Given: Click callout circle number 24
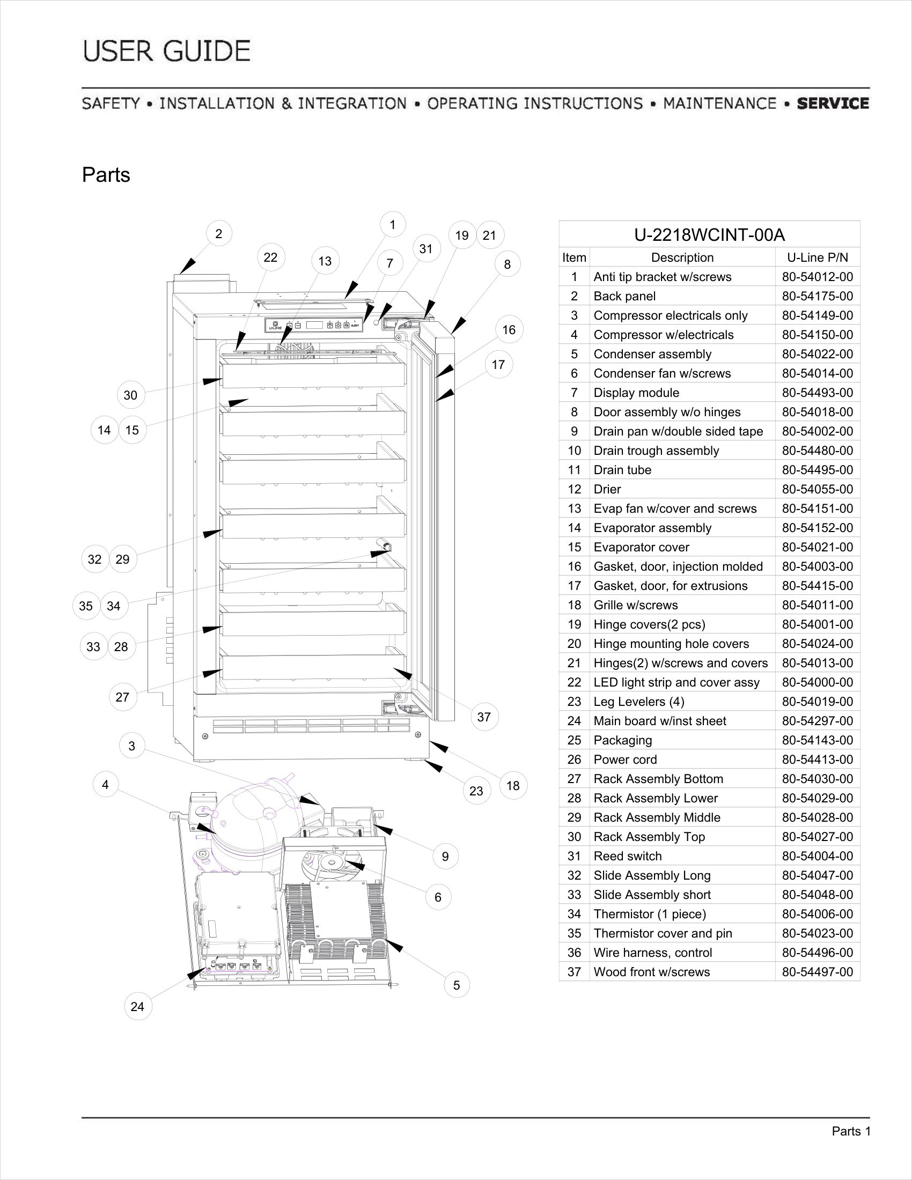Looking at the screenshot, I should [x=137, y=1006].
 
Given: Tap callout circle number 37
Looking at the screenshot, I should [x=483, y=717].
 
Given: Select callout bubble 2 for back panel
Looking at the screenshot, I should [x=219, y=233].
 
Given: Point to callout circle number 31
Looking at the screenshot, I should [x=426, y=248].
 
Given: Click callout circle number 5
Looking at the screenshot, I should [x=456, y=985].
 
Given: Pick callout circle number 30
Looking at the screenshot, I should [x=130, y=395].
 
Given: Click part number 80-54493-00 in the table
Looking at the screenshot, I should [x=817, y=392].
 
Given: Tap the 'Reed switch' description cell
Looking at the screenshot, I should [x=627, y=856].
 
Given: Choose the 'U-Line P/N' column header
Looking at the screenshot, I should [x=817, y=257].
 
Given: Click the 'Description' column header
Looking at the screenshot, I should [x=682, y=257].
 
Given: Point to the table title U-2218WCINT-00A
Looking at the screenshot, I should [x=709, y=234].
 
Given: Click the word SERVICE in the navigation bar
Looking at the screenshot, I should [x=833, y=103].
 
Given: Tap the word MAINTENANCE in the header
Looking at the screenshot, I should [x=719, y=103].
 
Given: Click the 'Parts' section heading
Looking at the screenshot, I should [x=106, y=174].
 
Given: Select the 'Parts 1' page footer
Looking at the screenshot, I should [x=851, y=1131].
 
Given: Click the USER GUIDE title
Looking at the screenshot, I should [x=166, y=51].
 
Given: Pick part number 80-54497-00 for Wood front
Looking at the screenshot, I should [x=817, y=971].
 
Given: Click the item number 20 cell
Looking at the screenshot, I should [x=574, y=644].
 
